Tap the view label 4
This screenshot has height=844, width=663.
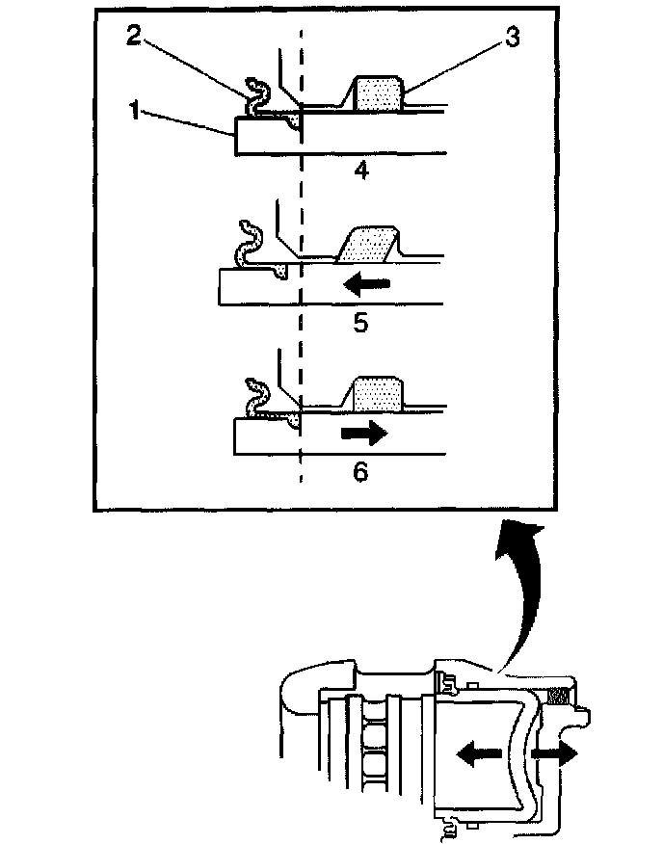click(360, 172)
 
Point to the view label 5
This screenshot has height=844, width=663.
click(360, 322)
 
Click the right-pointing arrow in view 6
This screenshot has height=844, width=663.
click(362, 434)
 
